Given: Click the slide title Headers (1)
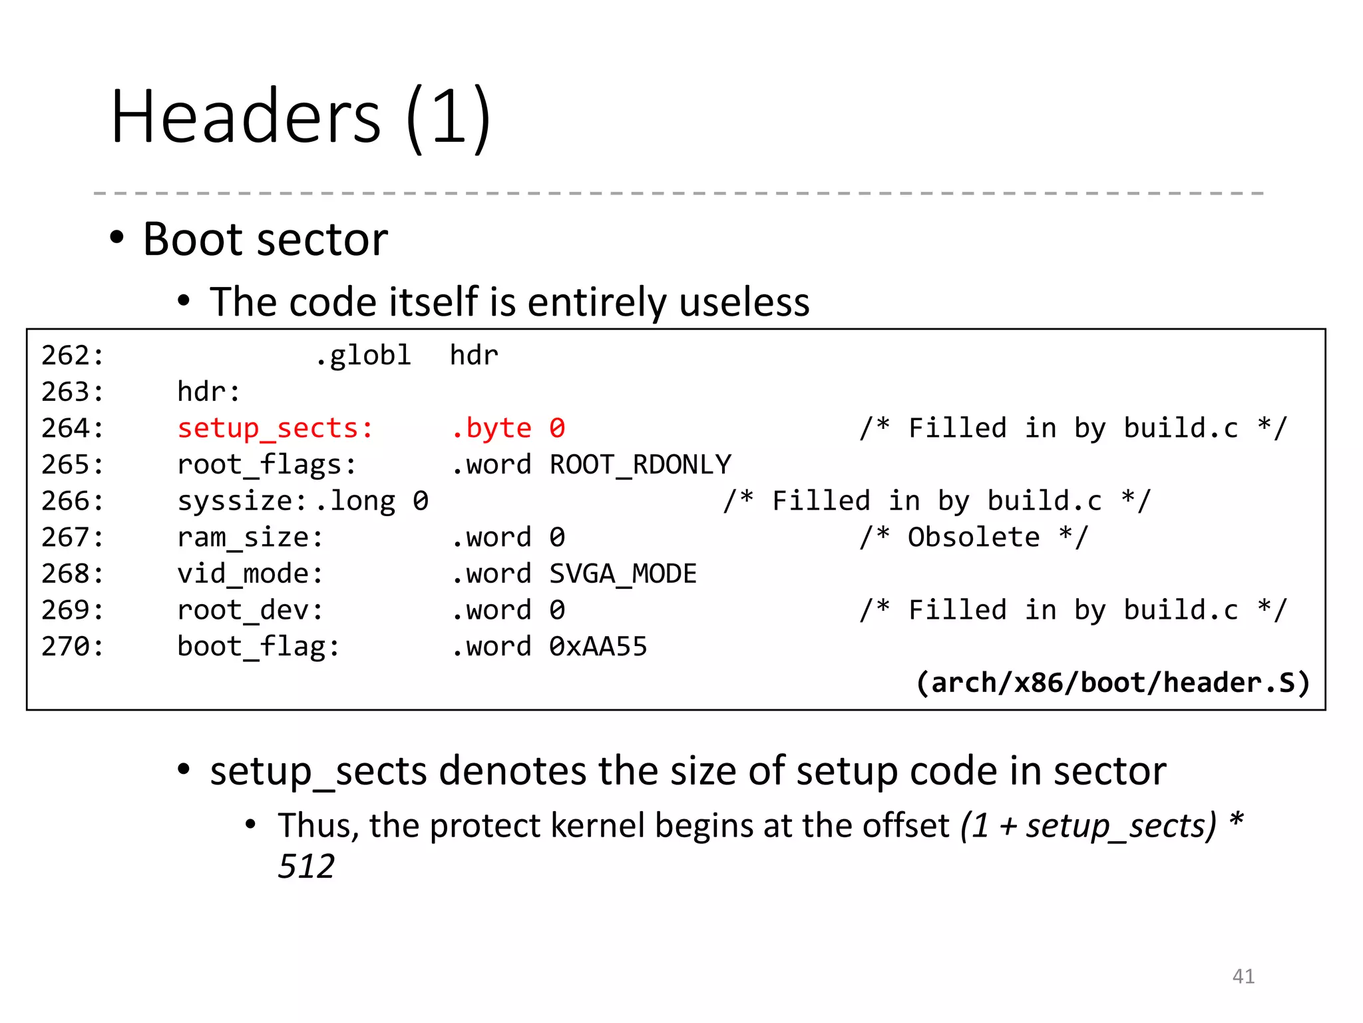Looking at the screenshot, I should pyautogui.click(x=301, y=117).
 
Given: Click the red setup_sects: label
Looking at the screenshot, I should pyautogui.click(x=275, y=428).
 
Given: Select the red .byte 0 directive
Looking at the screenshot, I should pyautogui.click(x=508, y=428).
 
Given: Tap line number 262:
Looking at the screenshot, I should pyautogui.click(x=73, y=355).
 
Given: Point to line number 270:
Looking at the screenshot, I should pyautogui.click(x=73, y=646).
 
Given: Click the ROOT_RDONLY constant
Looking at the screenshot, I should pyautogui.click(x=640, y=464).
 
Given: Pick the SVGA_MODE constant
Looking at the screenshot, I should pyautogui.click(x=623, y=573).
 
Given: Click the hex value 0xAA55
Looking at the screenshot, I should pyautogui.click(x=598, y=646).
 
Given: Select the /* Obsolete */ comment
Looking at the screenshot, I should pyautogui.click(x=974, y=537).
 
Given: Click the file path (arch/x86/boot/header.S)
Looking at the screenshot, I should pyautogui.click(x=1113, y=683).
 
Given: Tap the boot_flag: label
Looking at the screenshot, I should pyautogui.click(x=258, y=646).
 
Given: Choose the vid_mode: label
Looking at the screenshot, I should pyautogui.click(x=250, y=573).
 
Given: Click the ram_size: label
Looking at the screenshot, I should pyautogui.click(x=250, y=537).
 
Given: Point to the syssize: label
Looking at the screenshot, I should pyautogui.click(x=242, y=501).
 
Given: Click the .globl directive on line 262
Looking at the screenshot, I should pyautogui.click(x=363, y=355).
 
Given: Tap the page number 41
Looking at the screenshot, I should pyautogui.click(x=1243, y=976).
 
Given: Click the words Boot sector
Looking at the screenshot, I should pyautogui.click(x=265, y=239).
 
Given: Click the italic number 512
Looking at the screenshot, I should pyautogui.click(x=306, y=866).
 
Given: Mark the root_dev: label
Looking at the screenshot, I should pyautogui.click(x=250, y=610).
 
